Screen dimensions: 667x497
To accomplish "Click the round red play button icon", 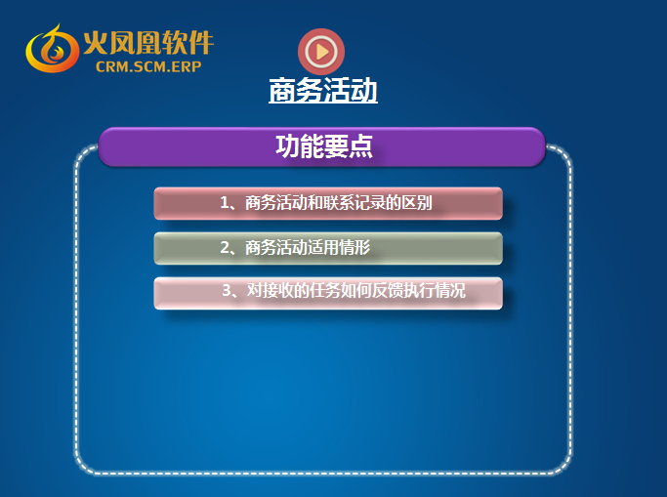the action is (321, 52).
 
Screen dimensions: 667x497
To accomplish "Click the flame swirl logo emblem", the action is (53, 49).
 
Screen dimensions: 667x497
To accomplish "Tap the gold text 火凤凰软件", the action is (148, 43).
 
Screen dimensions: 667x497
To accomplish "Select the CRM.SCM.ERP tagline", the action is (148, 66).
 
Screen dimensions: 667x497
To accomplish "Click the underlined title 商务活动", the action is (323, 90).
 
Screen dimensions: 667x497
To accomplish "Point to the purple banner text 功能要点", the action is (324, 146).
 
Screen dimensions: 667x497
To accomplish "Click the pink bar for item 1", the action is (328, 203).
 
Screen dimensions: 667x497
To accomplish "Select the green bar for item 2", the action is (328, 248).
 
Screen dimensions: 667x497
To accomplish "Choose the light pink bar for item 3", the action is (328, 293).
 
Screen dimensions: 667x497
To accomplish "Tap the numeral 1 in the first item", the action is (225, 203).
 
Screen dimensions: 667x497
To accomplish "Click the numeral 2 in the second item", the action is (225, 247).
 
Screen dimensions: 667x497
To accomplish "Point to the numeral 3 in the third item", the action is (227, 290).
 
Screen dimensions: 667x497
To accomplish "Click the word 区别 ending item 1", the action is (417, 203).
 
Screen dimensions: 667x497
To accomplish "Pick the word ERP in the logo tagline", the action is (187, 66).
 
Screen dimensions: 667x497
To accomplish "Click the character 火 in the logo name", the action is (95, 43).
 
